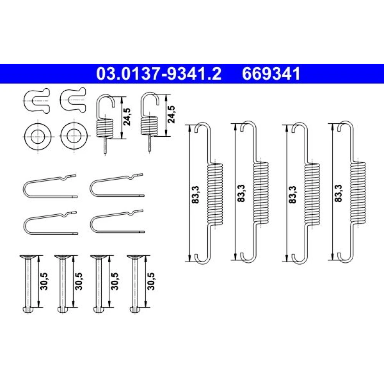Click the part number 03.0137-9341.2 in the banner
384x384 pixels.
(159, 74)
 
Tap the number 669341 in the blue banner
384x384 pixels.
(271, 74)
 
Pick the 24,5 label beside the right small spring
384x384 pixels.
(171, 114)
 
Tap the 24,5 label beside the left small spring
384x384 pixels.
(127, 117)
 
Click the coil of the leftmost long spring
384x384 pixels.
(215, 194)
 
